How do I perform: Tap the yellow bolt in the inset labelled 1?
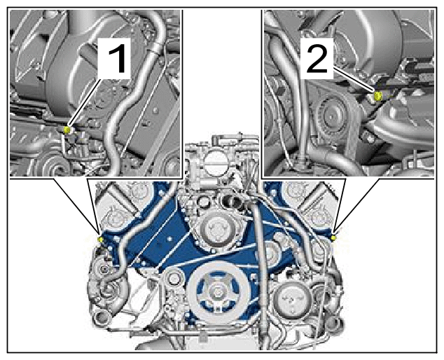67,130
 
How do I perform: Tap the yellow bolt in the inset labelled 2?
378,96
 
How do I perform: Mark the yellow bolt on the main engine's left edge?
100,240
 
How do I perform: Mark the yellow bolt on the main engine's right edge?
333,238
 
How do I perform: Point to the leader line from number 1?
85,104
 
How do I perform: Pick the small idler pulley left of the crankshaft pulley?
173,277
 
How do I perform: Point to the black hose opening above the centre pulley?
233,203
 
